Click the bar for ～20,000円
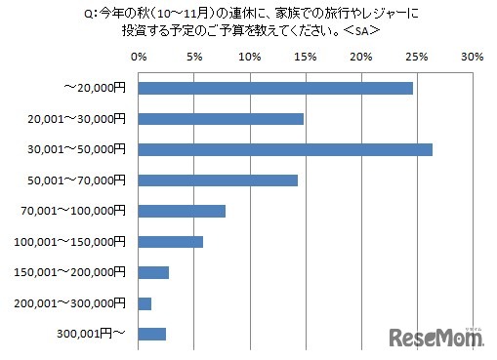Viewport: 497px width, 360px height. (x=276, y=88)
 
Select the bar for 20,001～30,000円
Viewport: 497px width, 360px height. (x=222, y=119)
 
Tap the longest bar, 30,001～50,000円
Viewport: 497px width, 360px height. (x=286, y=149)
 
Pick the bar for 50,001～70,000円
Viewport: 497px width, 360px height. (x=219, y=180)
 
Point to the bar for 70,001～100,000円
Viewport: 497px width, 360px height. (x=183, y=211)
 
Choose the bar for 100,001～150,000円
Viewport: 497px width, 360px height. (x=172, y=242)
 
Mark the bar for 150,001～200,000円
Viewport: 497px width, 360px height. (x=154, y=272)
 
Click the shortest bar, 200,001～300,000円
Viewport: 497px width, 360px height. (x=145, y=303)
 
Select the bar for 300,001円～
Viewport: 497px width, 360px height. (x=153, y=334)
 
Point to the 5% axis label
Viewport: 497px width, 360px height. (x=195, y=57)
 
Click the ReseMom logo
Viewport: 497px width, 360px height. (x=436, y=337)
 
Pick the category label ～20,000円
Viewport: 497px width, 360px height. (x=96, y=88)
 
